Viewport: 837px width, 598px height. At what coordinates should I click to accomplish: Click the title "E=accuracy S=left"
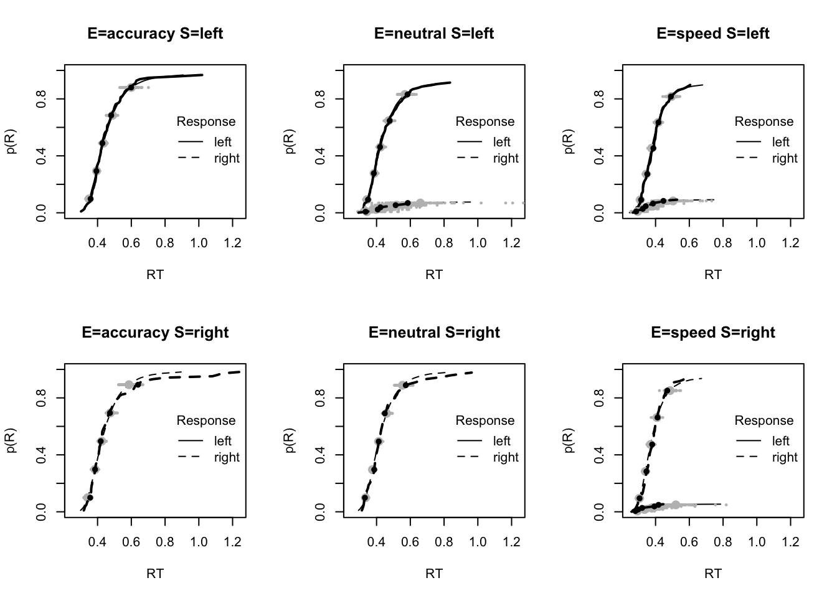click(x=155, y=34)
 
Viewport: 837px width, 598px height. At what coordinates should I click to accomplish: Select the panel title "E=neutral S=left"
click(x=434, y=34)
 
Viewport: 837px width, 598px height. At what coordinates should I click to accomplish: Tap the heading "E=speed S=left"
click(x=713, y=34)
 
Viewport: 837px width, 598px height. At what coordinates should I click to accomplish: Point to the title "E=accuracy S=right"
click(x=155, y=333)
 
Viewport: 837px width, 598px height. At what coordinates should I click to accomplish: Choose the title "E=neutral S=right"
click(x=434, y=333)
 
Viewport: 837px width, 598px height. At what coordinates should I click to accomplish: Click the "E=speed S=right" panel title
click(x=713, y=333)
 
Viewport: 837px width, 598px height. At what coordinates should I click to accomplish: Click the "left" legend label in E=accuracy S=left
click(x=222, y=142)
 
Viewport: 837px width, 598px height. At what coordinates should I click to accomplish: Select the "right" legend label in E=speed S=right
click(x=785, y=457)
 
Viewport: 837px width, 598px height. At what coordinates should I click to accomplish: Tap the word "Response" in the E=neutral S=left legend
click(x=485, y=121)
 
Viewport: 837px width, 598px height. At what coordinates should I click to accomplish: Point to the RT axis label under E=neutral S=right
click(x=434, y=573)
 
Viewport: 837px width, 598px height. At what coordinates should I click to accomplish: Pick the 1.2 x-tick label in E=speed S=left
click(x=790, y=242)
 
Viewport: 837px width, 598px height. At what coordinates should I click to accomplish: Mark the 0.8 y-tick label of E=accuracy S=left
click(x=41, y=98)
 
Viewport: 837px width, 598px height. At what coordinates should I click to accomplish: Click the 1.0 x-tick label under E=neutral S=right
click(x=478, y=541)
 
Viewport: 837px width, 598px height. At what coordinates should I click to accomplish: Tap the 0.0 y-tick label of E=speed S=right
click(x=599, y=512)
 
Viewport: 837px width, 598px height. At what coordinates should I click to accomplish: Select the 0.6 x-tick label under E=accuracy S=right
click(x=131, y=541)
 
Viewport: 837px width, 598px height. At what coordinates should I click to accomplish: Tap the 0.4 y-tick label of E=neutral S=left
click(x=320, y=156)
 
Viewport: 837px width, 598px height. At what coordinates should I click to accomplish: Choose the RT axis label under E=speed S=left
click(x=713, y=274)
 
